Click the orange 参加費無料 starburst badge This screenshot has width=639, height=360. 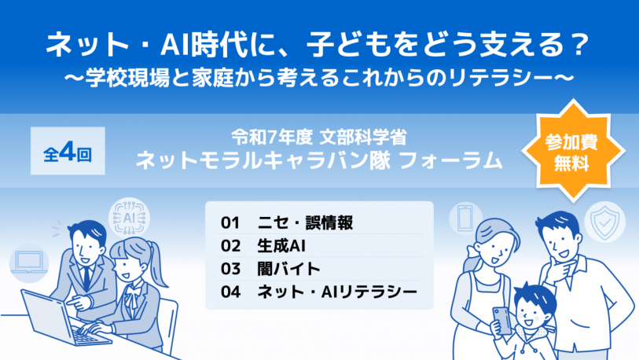click(x=573, y=151)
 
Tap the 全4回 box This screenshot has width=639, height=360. click(x=68, y=151)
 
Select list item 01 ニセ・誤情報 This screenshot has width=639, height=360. click(x=287, y=222)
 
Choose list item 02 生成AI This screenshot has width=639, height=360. click(x=263, y=246)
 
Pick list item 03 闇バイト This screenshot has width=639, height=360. click(x=270, y=269)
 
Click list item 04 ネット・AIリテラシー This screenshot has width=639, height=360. click(x=319, y=292)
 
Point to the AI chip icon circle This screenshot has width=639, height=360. click(x=129, y=218)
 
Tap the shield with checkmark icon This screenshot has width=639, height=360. click(x=604, y=222)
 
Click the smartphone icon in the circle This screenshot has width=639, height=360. click(x=465, y=219)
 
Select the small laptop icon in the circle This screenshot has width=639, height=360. click(x=29, y=263)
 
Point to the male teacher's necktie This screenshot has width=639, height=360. click(x=86, y=278)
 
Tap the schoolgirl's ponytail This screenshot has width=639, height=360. click(x=157, y=263)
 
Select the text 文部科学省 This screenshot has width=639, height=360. click(x=363, y=138)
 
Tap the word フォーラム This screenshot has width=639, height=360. click(x=450, y=160)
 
